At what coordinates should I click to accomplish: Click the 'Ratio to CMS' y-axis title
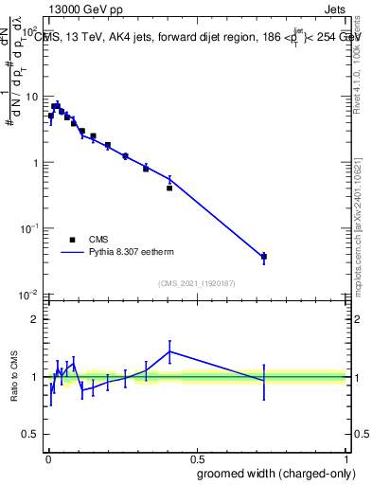13,376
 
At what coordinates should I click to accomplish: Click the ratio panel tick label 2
35,319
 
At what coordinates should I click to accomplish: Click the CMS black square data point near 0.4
169,188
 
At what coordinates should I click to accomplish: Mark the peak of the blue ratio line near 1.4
169,351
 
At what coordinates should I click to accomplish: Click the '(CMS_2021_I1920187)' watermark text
196,282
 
